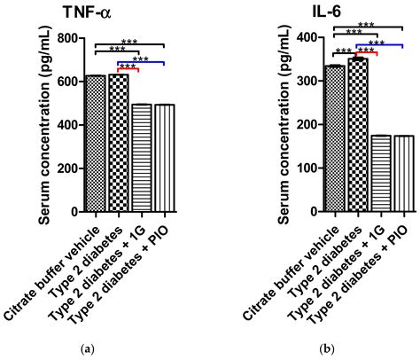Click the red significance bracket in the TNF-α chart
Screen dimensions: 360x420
coord(128,68)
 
